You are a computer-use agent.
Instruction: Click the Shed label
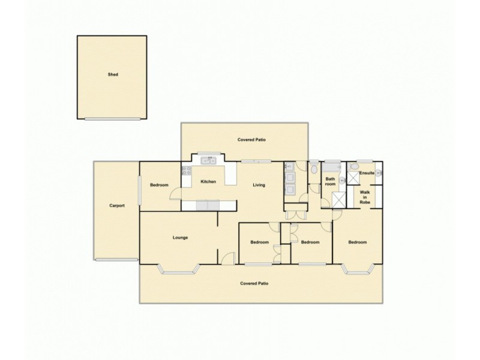pos(113,75)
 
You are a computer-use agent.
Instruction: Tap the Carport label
pos(117,206)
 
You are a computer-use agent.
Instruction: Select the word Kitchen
pos(208,182)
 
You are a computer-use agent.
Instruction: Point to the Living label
pos(259,185)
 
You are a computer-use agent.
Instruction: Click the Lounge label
pos(181,238)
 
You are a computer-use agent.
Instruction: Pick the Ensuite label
pos(367,173)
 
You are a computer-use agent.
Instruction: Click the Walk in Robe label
pos(365,197)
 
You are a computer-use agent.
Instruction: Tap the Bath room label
pos(330,181)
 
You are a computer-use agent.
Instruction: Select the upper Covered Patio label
pos(252,140)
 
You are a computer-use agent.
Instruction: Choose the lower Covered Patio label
pos(254,283)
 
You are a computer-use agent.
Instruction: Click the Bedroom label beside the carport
pos(159,185)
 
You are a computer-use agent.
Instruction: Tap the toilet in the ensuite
pos(354,167)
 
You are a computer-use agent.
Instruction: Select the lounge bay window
pos(179,271)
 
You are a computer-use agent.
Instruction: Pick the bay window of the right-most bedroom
pos(358,271)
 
